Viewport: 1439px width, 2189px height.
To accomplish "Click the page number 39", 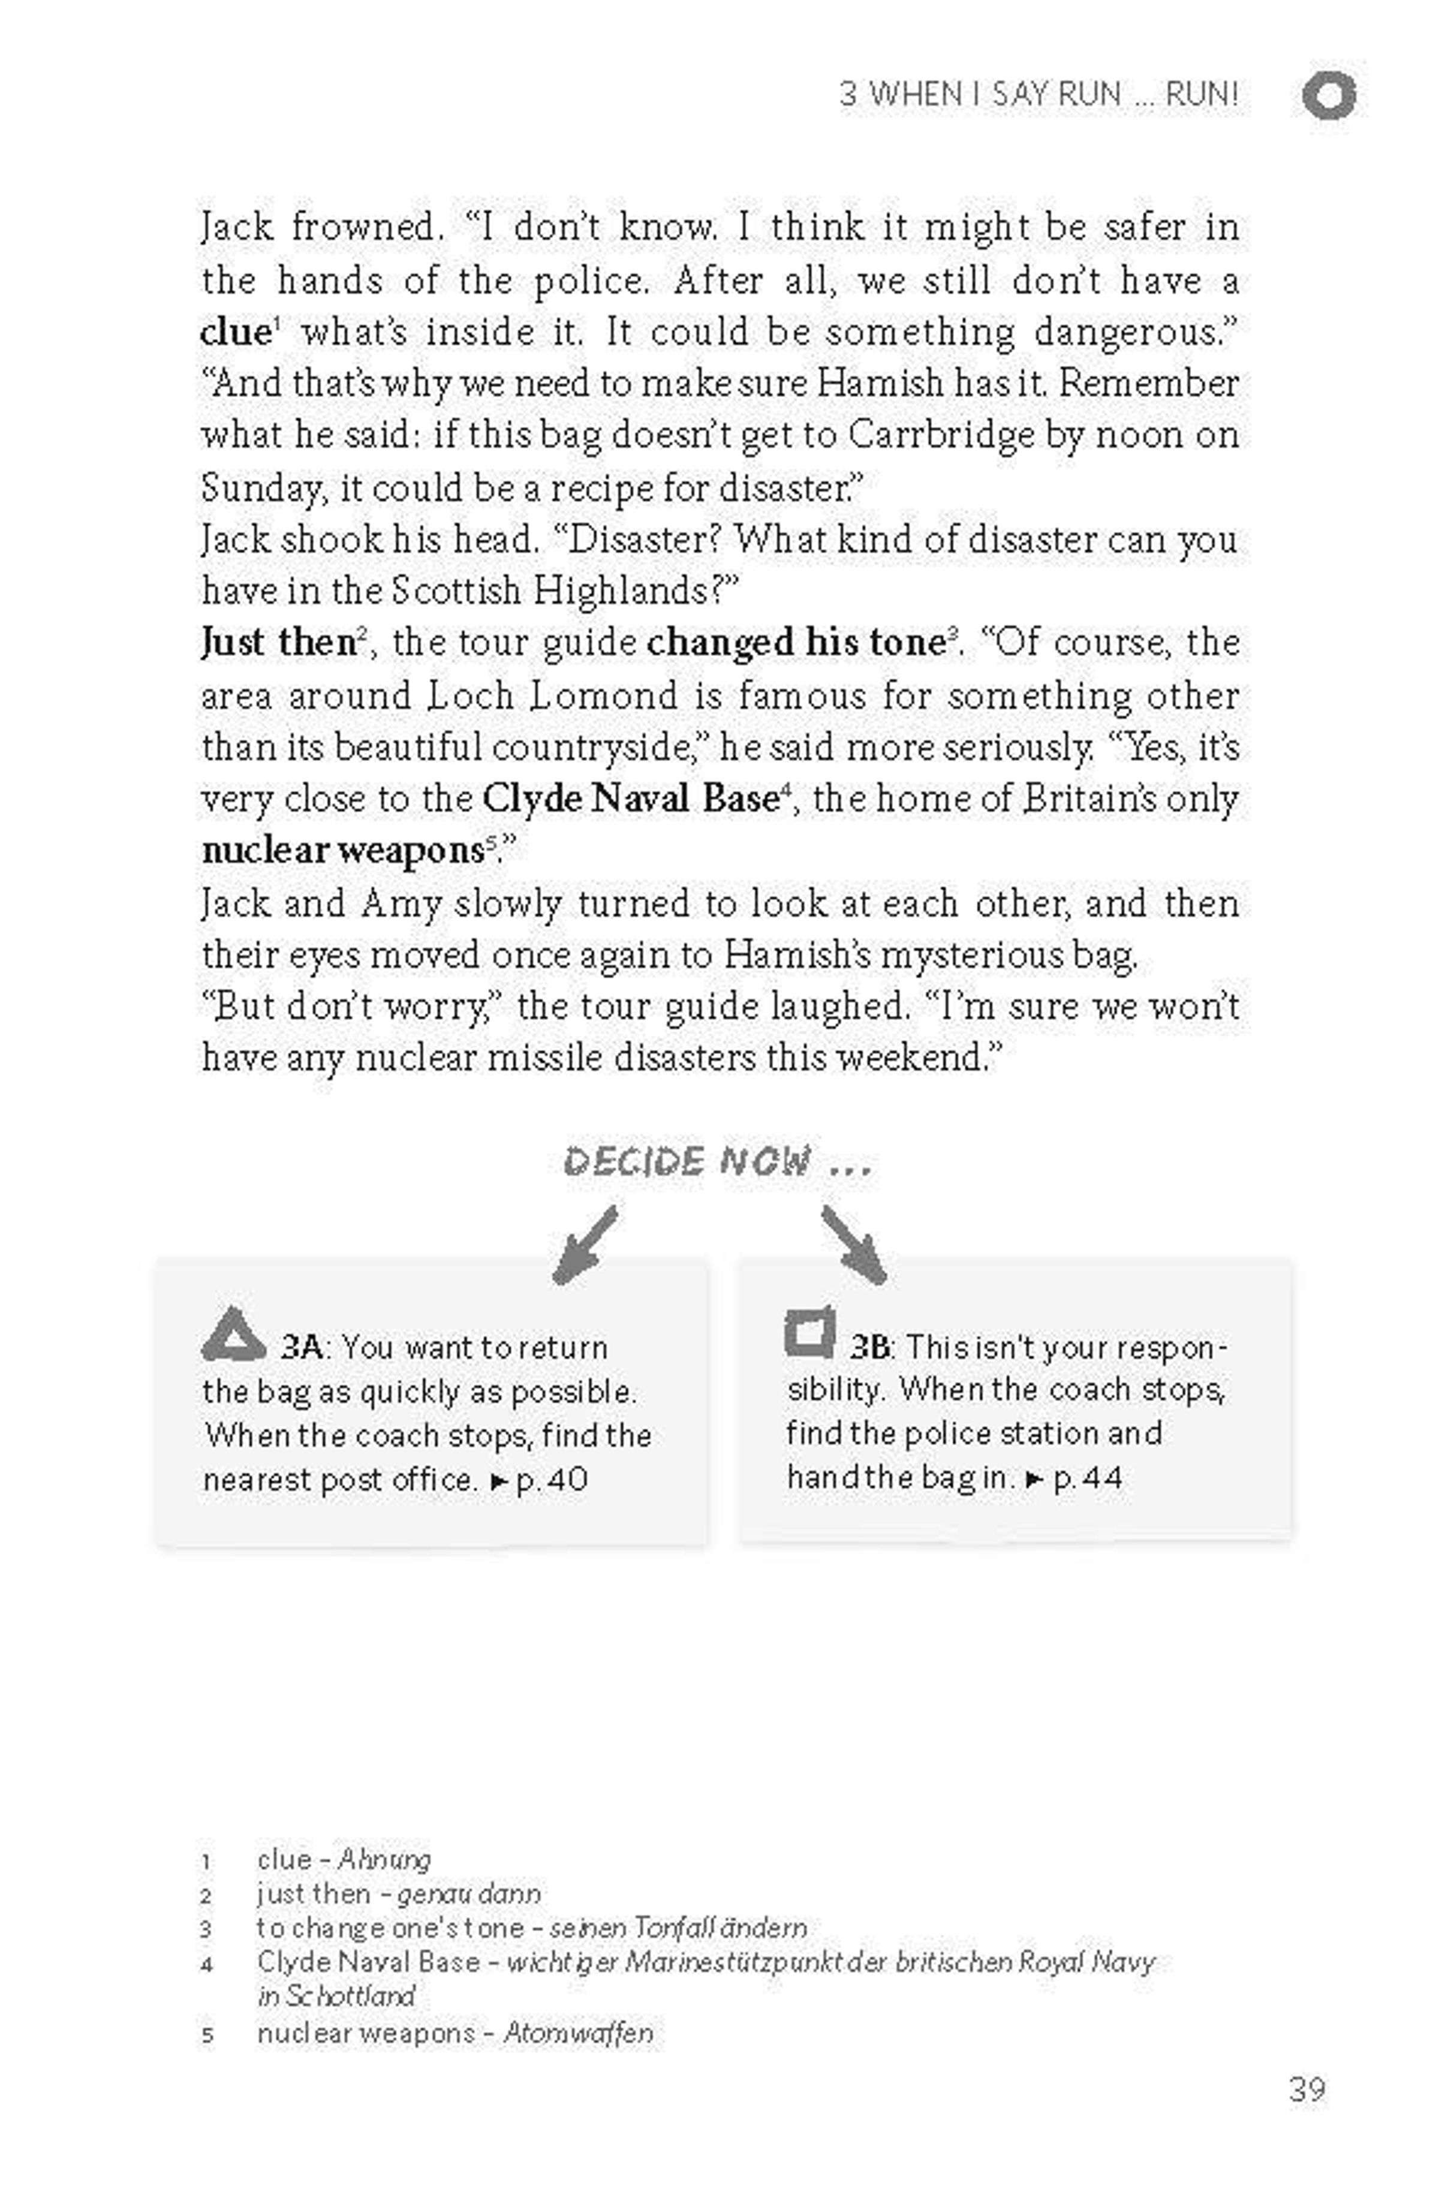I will click(x=1306, y=2089).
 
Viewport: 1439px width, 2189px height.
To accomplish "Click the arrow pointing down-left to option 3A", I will click(x=585, y=1245).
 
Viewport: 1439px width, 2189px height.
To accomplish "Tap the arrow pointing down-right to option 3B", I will click(x=853, y=1245).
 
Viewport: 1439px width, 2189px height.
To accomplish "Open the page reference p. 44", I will click(x=1088, y=1478).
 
